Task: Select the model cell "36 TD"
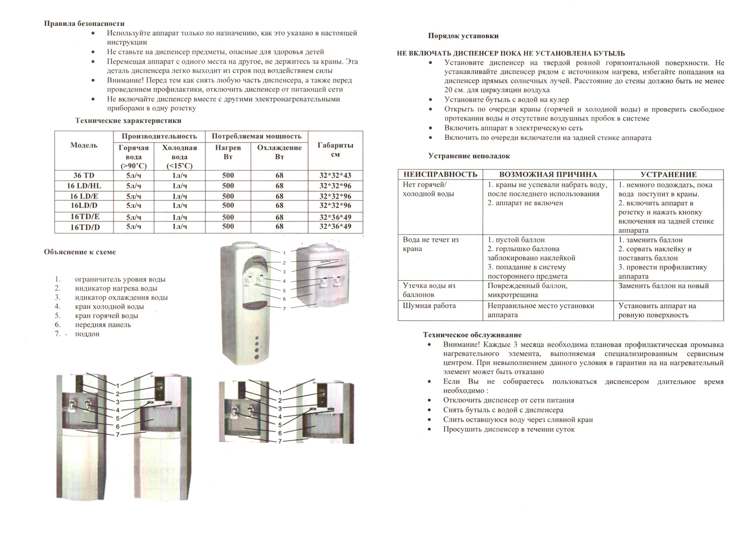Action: coord(84,175)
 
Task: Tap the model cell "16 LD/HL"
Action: coord(84,186)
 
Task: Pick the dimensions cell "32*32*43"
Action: coord(335,175)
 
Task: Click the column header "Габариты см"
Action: coord(335,150)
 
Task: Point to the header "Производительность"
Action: coord(159,136)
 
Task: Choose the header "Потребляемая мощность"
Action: coord(256,136)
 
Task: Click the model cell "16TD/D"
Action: coord(85,227)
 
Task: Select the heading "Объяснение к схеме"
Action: coord(79,252)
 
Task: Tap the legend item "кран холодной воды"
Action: coord(109,307)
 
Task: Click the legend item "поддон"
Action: coord(87,334)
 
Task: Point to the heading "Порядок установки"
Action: coord(463,36)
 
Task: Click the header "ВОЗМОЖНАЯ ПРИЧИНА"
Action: coord(548,174)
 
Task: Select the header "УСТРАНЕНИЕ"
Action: coord(668,174)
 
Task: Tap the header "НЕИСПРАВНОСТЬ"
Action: coord(440,174)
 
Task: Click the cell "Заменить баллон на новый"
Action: coord(663,286)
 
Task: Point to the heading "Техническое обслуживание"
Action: coord(472,335)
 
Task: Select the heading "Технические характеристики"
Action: coord(128,121)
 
